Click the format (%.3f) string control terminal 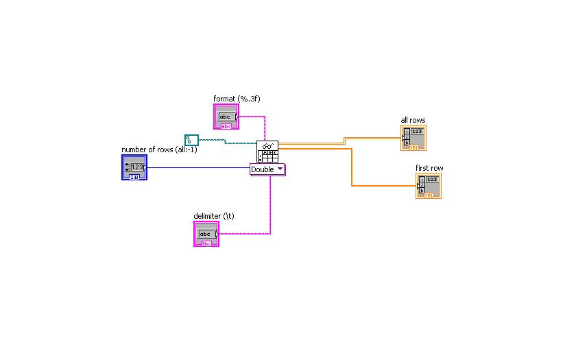pyautogui.click(x=226, y=117)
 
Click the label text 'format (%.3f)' pyautogui.click(x=237, y=99)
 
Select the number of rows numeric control pyautogui.click(x=134, y=167)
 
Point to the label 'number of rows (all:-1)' pyautogui.click(x=159, y=149)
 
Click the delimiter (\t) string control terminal pyautogui.click(x=206, y=235)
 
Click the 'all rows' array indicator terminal pyautogui.click(x=413, y=138)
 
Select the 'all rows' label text pyautogui.click(x=413, y=121)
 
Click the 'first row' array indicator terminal pyautogui.click(x=429, y=186)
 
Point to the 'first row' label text pyautogui.click(x=429, y=168)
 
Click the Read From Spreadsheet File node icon pyautogui.click(x=268, y=152)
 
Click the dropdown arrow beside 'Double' pyautogui.click(x=280, y=169)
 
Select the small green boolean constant pyautogui.click(x=191, y=140)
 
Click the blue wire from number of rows pyautogui.click(x=199, y=167)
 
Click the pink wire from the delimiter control pyautogui.click(x=270, y=206)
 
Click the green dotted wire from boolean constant pyautogui.click(x=226, y=141)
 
